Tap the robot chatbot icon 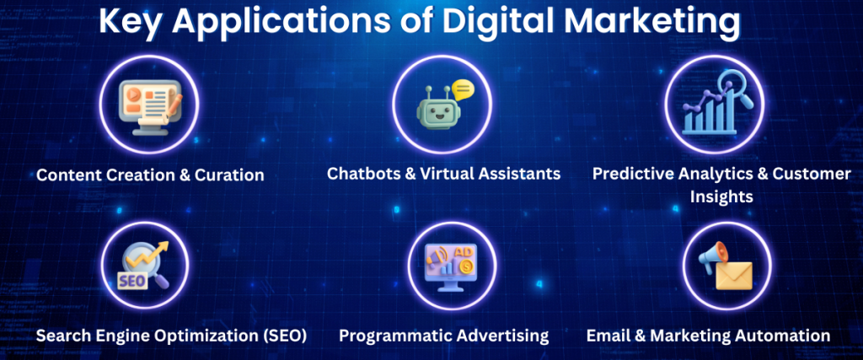point(433,109)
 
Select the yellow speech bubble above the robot point(462,89)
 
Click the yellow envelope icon point(734,275)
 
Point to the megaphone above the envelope point(712,256)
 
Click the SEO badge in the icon point(132,281)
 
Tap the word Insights point(721,197)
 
